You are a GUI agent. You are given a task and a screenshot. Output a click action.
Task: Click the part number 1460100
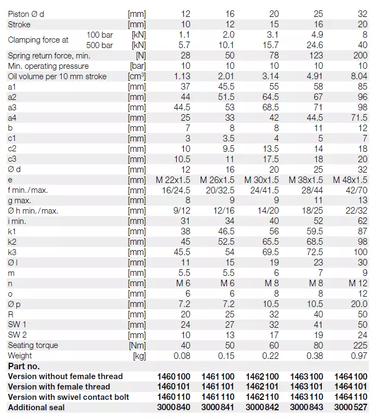[173, 376]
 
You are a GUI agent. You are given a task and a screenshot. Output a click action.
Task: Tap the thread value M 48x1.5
[350, 180]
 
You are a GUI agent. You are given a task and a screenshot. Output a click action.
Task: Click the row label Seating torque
[33, 345]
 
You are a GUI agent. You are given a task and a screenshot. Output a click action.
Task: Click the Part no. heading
[23, 366]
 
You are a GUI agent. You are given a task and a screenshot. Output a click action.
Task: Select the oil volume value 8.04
[358, 76]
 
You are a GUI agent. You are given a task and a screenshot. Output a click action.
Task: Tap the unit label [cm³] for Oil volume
[136, 76]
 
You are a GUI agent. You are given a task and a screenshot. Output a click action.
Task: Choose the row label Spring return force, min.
[49, 56]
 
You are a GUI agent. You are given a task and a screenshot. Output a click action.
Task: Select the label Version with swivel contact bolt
[68, 397]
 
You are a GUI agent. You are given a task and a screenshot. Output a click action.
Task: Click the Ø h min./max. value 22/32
[355, 211]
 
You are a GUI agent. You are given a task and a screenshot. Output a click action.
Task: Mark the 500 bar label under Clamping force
[100, 45]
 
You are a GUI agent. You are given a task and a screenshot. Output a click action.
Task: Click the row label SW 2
[17, 335]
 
